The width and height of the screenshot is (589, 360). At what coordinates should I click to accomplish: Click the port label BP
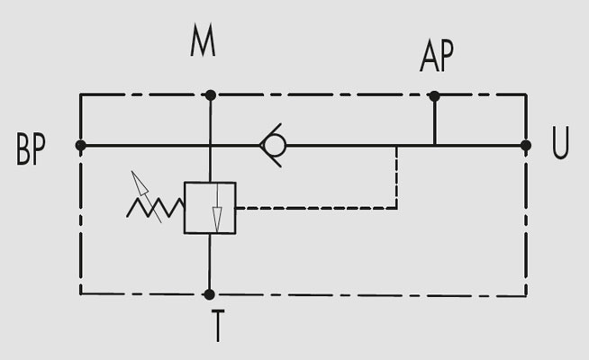click(x=31, y=149)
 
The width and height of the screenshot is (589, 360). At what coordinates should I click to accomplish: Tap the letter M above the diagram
click(x=203, y=40)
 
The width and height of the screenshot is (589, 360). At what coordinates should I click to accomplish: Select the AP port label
click(x=437, y=56)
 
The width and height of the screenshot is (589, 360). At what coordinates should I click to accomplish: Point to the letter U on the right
click(x=560, y=142)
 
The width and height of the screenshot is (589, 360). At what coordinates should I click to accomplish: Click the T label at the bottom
click(x=218, y=326)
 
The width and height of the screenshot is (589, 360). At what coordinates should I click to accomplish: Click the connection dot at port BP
click(x=80, y=145)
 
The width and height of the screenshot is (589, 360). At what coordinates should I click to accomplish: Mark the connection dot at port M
click(x=211, y=95)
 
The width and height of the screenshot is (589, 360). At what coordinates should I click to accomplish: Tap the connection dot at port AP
click(x=435, y=96)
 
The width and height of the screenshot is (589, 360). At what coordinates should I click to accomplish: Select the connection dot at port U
click(x=526, y=145)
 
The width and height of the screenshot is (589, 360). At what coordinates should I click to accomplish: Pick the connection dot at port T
click(x=209, y=294)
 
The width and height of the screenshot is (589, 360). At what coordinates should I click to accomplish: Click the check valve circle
click(x=275, y=145)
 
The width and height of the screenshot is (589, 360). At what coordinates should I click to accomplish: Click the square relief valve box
click(x=210, y=208)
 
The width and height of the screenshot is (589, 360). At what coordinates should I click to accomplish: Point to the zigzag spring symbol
click(x=156, y=208)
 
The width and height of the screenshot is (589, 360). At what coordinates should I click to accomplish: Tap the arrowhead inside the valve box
click(x=217, y=220)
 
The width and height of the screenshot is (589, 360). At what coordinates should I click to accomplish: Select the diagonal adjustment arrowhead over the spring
click(x=139, y=183)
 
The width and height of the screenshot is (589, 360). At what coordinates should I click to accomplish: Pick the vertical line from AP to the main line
click(x=435, y=121)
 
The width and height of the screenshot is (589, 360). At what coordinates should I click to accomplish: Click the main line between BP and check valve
click(x=170, y=145)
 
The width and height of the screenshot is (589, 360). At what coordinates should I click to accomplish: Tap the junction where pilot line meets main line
click(x=396, y=146)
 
